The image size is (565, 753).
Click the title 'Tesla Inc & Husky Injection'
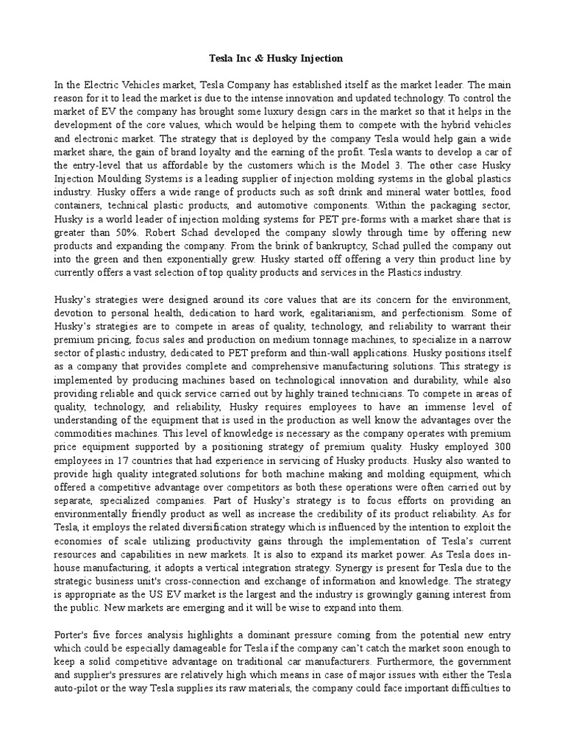tap(283, 58)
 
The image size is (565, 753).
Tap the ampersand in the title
tap(271, 58)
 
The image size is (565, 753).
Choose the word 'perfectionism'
tap(449, 313)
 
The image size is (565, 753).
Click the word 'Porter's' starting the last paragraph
tap(74, 634)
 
